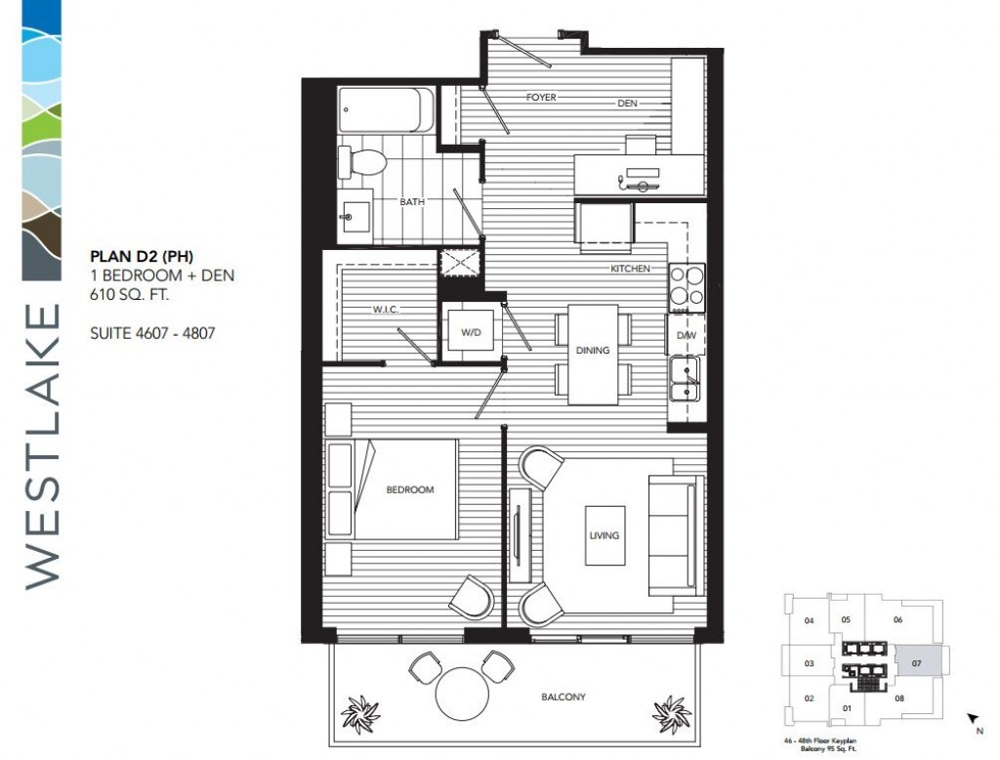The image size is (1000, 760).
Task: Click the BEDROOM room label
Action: [409, 490]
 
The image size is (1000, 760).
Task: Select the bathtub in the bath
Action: [387, 109]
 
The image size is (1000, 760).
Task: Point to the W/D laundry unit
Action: [471, 330]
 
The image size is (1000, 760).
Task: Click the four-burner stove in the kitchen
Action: [687, 287]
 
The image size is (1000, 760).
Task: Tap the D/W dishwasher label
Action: [687, 335]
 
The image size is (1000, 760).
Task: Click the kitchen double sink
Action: [685, 379]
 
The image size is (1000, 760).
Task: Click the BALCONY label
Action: [563, 697]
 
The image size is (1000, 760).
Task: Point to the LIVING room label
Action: [604, 535]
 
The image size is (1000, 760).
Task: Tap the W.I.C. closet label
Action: [386, 310]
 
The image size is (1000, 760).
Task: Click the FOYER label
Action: [541, 97]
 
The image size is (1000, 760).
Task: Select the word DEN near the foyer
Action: [627, 103]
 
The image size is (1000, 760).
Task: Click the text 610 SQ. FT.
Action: [130, 295]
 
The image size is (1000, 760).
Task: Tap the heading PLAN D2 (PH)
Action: [142, 257]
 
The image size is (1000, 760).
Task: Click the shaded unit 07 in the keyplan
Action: [916, 661]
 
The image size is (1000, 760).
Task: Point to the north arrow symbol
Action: [973, 719]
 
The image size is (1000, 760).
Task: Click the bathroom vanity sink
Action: [354, 216]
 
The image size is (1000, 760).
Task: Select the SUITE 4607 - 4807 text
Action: [152, 333]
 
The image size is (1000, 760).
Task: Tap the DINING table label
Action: [593, 351]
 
